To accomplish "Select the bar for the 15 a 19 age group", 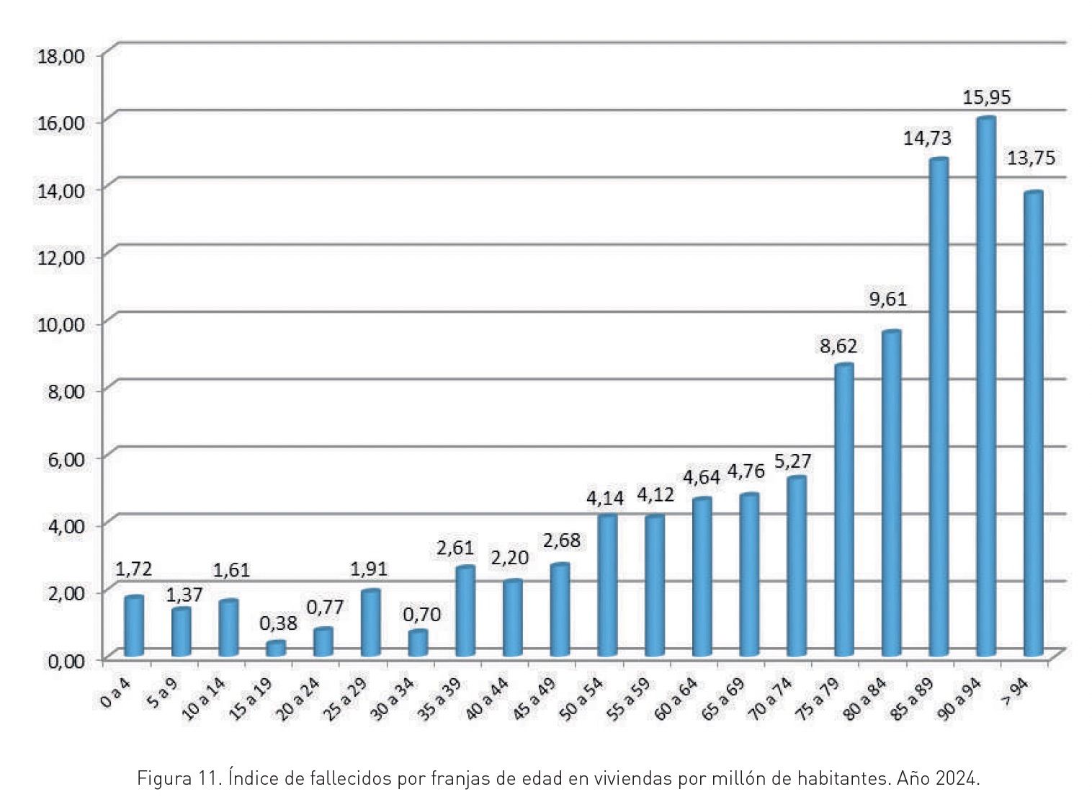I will pyautogui.click(x=276, y=649).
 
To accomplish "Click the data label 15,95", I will pyautogui.click(x=986, y=97).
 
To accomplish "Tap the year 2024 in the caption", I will pyautogui.click(x=958, y=779).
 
